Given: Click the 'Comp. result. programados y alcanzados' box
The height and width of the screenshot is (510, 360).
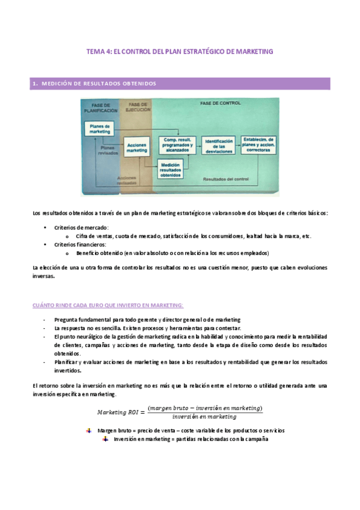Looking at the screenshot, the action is (176, 144).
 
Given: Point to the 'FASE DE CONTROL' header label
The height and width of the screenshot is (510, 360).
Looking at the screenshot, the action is (220, 103).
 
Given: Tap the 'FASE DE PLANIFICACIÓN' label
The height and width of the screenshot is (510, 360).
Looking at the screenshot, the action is (100, 108).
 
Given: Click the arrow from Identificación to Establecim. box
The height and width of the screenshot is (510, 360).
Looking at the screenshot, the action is (237, 144).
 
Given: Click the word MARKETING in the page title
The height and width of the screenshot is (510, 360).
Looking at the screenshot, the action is (251, 52).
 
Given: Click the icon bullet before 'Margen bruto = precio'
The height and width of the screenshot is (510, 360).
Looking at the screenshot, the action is (88, 431).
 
